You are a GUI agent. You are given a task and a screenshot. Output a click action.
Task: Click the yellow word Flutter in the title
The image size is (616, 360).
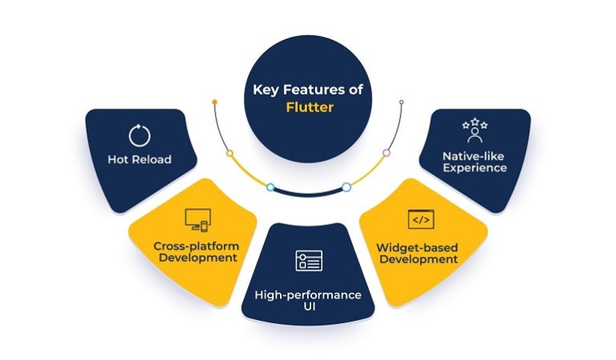pyautogui.click(x=309, y=105)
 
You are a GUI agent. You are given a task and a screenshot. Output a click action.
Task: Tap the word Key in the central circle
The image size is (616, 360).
pyautogui.click(x=265, y=90)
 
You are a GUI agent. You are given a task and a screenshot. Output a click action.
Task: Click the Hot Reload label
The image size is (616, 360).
pyautogui.click(x=140, y=160)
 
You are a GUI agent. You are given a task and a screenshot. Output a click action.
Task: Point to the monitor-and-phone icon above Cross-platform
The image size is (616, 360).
pyautogui.click(x=197, y=218)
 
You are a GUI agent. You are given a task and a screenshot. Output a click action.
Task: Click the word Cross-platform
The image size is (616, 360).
pyautogui.click(x=197, y=244)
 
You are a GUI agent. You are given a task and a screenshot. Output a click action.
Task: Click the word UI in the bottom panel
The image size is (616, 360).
pyautogui.click(x=308, y=309)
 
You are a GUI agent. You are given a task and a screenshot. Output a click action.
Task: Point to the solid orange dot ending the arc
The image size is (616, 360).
pyautogui.click(x=215, y=103)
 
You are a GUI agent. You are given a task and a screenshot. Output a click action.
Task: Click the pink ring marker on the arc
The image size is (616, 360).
pyautogui.click(x=387, y=152)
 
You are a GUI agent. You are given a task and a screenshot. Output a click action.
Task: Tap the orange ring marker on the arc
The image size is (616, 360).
pyautogui.click(x=230, y=153)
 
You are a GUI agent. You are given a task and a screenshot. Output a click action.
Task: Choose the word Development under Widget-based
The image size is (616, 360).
pyautogui.click(x=419, y=258)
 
